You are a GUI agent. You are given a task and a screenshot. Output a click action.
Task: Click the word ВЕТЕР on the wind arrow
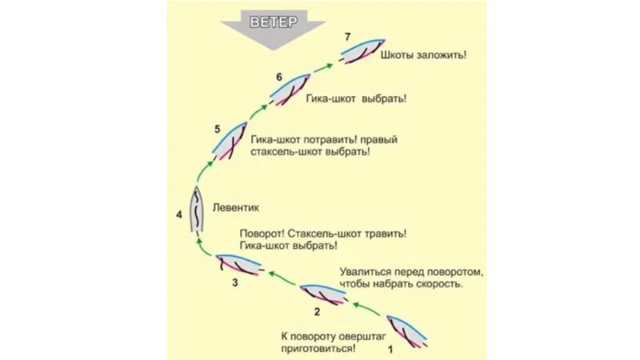tap(273, 22)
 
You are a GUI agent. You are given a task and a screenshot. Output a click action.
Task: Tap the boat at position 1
tap(407, 329)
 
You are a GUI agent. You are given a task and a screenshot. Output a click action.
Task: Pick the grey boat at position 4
tap(197, 210)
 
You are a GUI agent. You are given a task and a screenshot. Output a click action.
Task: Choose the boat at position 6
tap(289, 88)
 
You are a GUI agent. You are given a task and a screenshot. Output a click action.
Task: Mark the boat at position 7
tap(362, 50)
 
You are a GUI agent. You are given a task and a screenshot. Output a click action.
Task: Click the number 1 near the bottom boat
tap(390, 350)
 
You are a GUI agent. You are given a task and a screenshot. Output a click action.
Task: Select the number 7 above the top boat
tap(346, 37)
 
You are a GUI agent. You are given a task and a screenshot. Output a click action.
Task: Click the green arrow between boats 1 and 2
tap(367, 307)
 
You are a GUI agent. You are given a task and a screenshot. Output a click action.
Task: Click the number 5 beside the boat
tap(217, 129)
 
